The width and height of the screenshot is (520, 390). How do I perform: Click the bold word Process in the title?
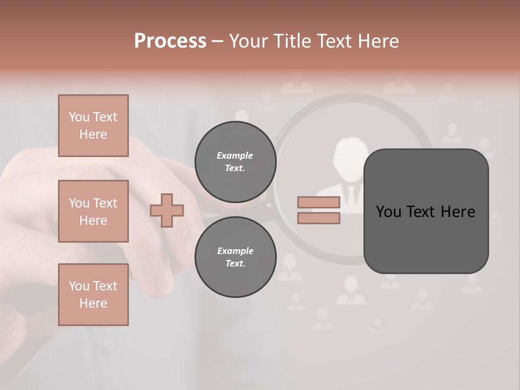[x=170, y=41]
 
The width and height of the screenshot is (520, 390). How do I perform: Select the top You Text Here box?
[x=93, y=126]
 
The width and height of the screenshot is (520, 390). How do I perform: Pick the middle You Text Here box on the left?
[x=93, y=211]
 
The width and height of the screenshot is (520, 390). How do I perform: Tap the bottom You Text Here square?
[x=93, y=295]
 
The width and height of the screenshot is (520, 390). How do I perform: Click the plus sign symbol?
[x=167, y=210]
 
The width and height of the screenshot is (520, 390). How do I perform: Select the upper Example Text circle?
[x=235, y=161]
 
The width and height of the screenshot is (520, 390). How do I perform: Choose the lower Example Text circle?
[x=235, y=257]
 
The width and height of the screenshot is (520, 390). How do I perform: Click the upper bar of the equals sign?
[x=318, y=202]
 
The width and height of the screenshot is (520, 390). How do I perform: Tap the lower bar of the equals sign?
[x=318, y=218]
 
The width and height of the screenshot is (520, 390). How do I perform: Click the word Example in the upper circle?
[x=235, y=155]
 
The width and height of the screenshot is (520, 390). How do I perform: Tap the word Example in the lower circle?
[x=235, y=251]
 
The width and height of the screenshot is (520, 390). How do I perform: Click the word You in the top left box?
[x=79, y=117]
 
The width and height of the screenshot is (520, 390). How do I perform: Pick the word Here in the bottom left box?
[x=93, y=303]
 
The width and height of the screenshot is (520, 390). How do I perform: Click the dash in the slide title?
[x=217, y=42]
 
